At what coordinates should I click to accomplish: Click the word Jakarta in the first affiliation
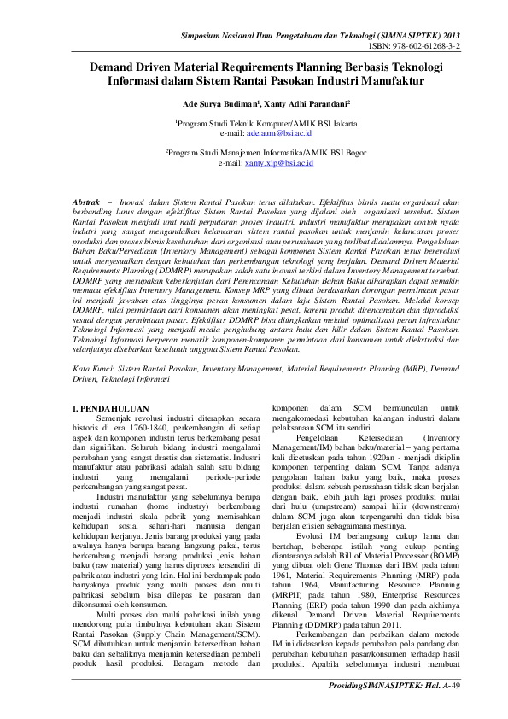tap(318, 125)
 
